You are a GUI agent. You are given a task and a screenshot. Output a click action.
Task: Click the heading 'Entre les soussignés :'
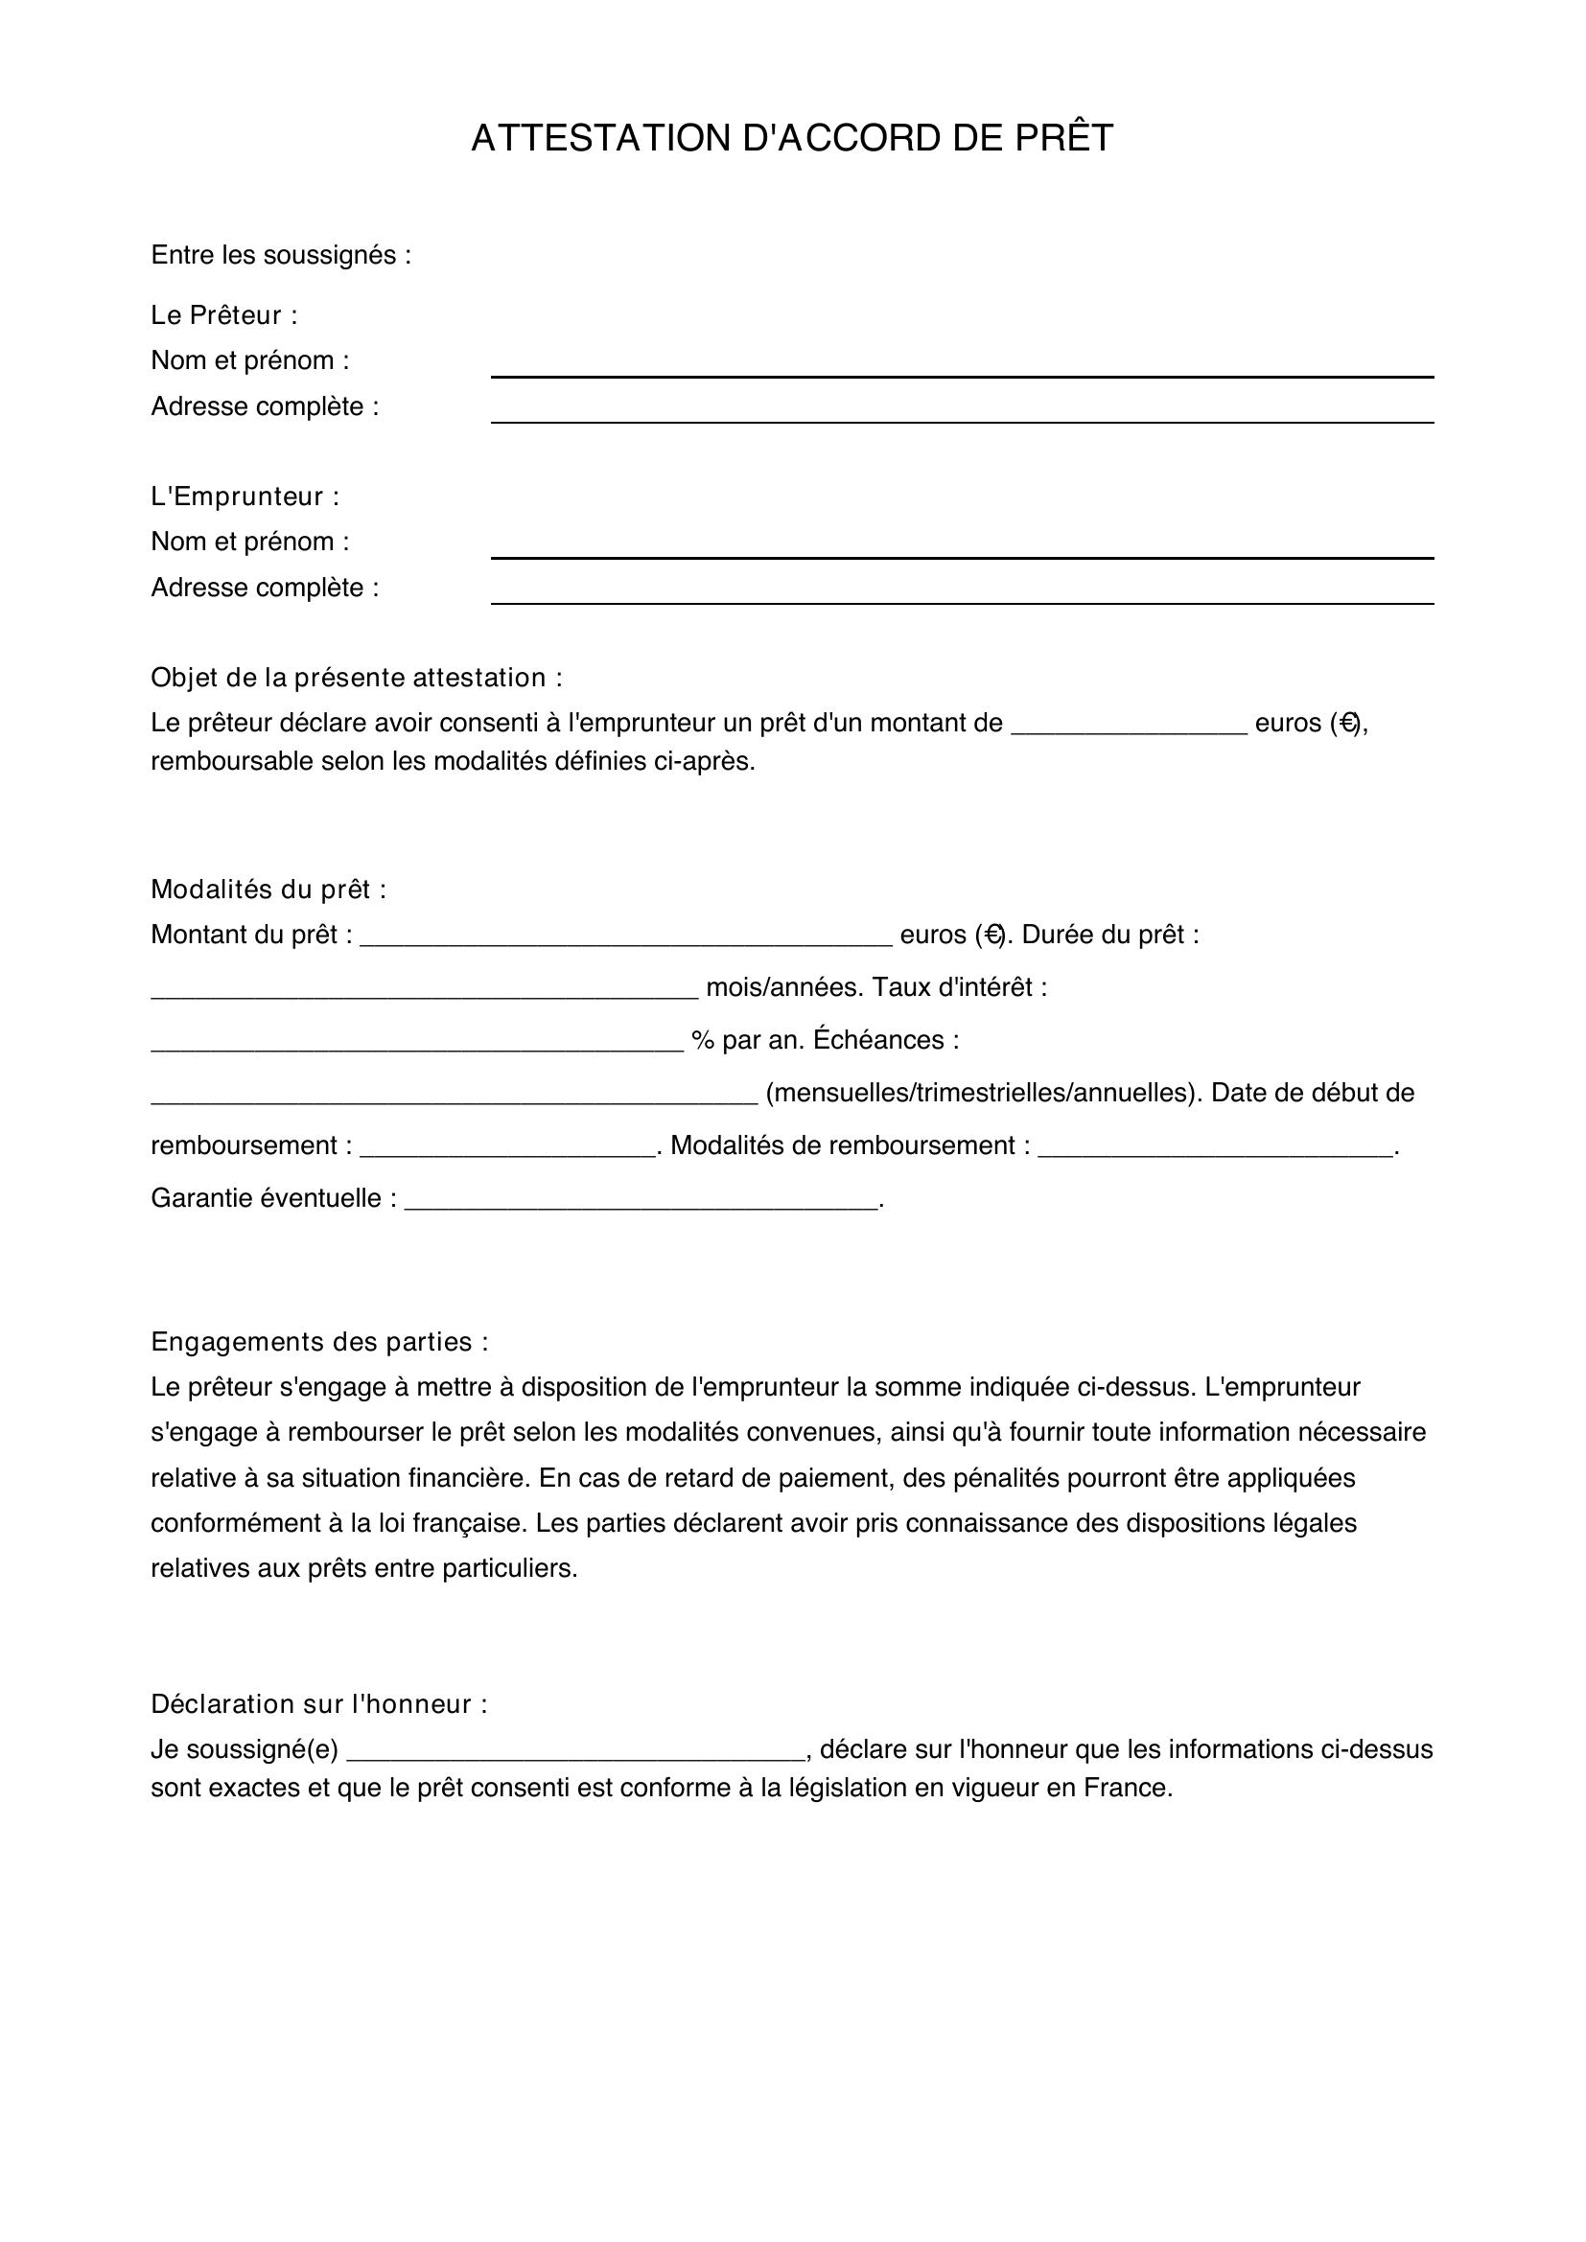pyautogui.click(x=280, y=255)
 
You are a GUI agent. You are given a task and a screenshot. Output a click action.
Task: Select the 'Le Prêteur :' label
pyautogui.click(x=223, y=315)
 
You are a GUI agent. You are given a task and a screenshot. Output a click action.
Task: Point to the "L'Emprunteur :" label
pyautogui.click(x=245, y=497)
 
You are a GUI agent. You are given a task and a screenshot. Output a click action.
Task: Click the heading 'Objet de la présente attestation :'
pyautogui.click(x=357, y=678)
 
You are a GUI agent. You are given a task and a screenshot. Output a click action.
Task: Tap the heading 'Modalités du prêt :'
pyautogui.click(x=268, y=890)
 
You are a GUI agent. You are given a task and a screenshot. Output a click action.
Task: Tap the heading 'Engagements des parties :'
pyautogui.click(x=319, y=1342)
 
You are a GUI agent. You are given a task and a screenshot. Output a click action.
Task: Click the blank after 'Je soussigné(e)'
pyautogui.click(x=576, y=1753)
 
